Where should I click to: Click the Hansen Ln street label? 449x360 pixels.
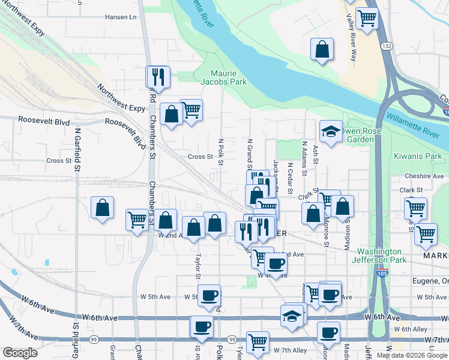[x=121, y=17]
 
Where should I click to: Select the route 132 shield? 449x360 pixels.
[x=387, y=46]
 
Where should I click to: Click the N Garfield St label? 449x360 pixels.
[x=77, y=147]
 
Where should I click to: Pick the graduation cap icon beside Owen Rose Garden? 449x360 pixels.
[x=331, y=131]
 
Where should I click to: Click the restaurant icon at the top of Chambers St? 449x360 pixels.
[x=158, y=76]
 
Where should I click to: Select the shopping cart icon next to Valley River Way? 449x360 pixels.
[x=366, y=18]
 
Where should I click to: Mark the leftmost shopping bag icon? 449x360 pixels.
[x=103, y=208]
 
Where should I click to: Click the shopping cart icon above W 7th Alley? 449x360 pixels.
[x=258, y=341]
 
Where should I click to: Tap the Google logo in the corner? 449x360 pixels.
[x=20, y=353]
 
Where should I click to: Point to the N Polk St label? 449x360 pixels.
[x=221, y=152]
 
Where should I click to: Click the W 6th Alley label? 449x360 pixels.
[x=411, y=329]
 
